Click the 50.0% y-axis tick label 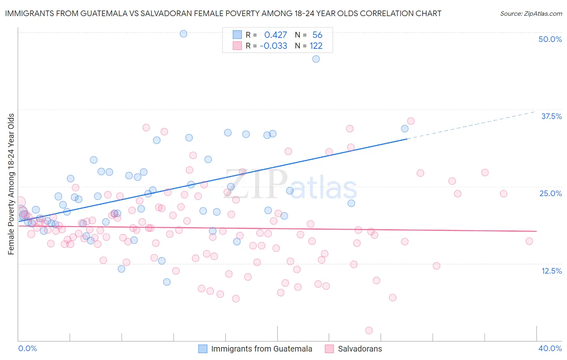550,39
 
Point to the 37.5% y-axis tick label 551,116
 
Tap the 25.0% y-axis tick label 550,193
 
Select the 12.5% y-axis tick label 551,271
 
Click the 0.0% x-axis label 27,348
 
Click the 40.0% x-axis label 550,348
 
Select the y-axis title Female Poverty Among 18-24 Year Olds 11,184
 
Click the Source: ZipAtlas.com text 531,13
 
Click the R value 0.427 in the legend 275,35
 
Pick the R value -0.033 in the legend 273,46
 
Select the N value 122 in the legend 316,46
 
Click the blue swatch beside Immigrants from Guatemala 203,349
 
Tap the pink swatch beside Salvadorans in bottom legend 329,349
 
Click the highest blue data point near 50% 183,33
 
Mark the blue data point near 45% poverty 316,59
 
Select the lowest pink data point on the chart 369,331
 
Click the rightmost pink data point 529,241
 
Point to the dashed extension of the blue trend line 472,125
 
